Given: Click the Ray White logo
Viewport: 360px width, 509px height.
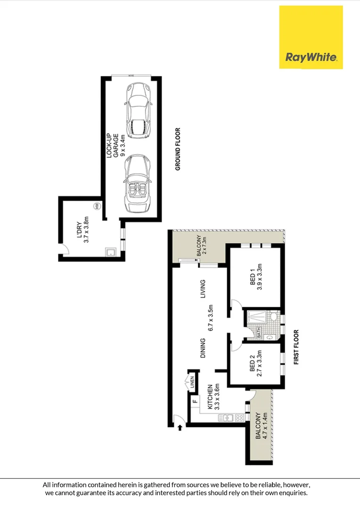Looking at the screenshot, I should pos(311,37).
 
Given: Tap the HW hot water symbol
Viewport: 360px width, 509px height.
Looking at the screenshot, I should pos(97,206).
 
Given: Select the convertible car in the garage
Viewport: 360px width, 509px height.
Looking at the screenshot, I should pos(138,186).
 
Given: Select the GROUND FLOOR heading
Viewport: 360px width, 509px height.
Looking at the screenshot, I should pos(179,149).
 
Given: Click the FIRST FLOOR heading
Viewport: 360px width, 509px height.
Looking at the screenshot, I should pos(296,347).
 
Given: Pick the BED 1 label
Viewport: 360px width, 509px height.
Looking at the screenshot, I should pos(256,283).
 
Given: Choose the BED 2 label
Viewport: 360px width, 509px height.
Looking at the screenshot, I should pos(256,369).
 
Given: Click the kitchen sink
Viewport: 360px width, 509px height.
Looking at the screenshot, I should pos(228,417).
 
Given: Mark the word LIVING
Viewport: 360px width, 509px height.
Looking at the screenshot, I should pos(203,289).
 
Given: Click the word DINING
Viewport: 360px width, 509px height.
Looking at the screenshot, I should pos(203,348).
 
